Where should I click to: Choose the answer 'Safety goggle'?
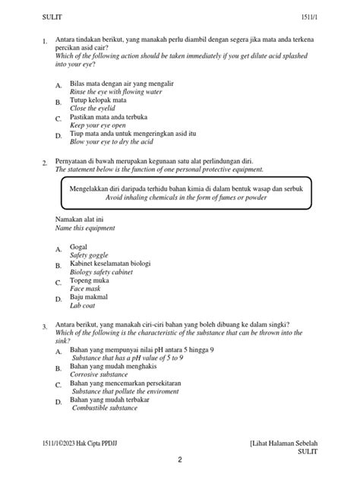click(x=90, y=256)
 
